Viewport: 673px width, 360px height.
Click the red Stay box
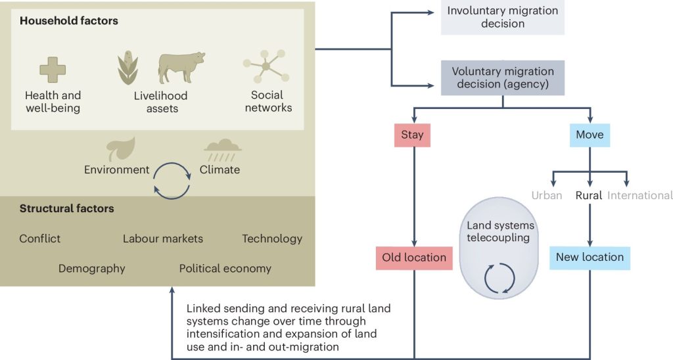coord(412,135)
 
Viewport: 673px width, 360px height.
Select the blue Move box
coord(590,135)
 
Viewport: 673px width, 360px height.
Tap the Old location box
coord(414,258)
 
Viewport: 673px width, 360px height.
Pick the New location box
coord(590,258)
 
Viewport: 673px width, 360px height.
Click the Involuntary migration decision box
coord(503,17)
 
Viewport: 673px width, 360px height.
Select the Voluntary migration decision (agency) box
coord(503,78)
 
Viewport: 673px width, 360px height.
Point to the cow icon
coord(181,68)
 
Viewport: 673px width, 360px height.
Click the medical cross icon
coord(53,70)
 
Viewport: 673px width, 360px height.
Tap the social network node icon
coord(267,66)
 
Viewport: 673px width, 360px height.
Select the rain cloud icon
coord(222,150)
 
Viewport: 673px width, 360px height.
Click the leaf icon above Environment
coord(121,149)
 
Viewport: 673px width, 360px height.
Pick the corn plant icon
coord(128,68)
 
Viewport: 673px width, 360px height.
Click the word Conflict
coord(40,238)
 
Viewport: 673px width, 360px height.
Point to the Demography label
coord(92,269)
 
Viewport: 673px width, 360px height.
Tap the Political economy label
coord(225,269)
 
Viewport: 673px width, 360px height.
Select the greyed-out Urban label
coord(547,196)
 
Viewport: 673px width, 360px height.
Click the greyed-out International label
coord(640,196)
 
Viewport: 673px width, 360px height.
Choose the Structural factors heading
coord(67,208)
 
